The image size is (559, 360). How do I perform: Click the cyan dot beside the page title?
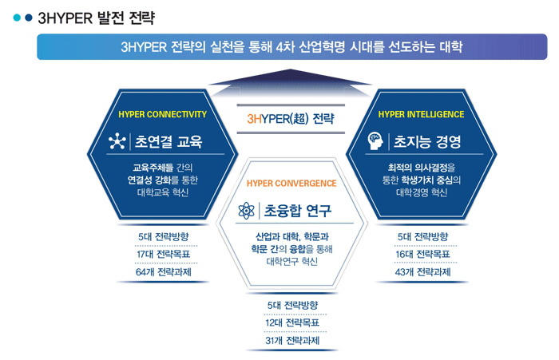pyautogui.click(x=17, y=18)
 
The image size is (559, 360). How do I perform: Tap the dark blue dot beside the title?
pyautogui.click(x=29, y=18)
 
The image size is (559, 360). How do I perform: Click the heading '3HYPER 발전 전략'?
pyautogui.click(x=97, y=18)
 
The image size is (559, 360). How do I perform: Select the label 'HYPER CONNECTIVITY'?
pyautogui.click(x=163, y=114)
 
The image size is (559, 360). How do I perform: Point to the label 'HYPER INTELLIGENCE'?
pyautogui.click(x=421, y=114)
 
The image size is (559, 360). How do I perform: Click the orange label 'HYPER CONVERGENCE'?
pyautogui.click(x=291, y=184)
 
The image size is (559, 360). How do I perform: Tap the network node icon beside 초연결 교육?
pyautogui.click(x=117, y=141)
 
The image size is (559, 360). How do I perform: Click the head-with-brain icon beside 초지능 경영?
pyautogui.click(x=375, y=141)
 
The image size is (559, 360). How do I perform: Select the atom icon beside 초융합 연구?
pyautogui.click(x=246, y=210)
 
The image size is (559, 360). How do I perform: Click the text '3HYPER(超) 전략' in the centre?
pyautogui.click(x=291, y=119)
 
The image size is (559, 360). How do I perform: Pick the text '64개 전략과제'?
pyautogui.click(x=164, y=272)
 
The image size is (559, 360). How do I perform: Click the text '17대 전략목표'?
pyautogui.click(x=164, y=254)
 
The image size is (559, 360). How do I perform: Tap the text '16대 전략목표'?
pyautogui.click(x=422, y=254)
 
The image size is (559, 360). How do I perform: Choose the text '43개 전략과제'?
pyautogui.click(x=422, y=272)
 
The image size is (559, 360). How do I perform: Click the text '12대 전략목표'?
pyautogui.click(x=292, y=323)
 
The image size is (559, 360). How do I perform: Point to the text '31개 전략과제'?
pyautogui.click(x=292, y=341)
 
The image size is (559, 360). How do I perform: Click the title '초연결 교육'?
pyautogui.click(x=168, y=141)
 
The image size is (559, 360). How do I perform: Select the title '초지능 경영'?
pyautogui.click(x=427, y=141)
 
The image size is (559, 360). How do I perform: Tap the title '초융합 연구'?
pyautogui.click(x=298, y=211)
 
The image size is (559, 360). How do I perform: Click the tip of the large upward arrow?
pyautogui.click(x=291, y=69)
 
